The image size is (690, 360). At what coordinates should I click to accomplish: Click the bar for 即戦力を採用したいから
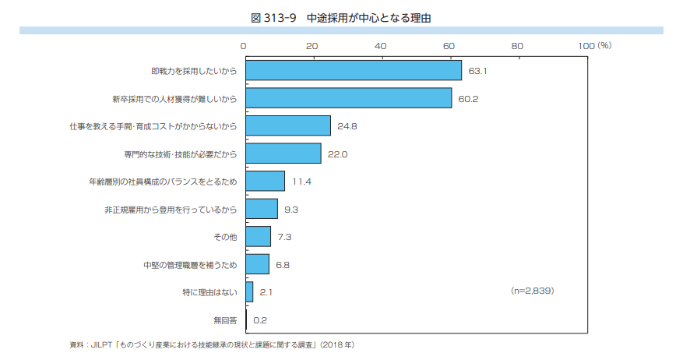coord(354,71)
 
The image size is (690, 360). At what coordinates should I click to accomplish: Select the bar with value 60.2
coord(348,98)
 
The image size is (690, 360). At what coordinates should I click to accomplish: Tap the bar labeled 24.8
coord(287,125)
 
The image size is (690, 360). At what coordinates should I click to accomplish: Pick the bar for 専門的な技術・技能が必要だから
coord(283,154)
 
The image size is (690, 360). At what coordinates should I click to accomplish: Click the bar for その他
coord(258,236)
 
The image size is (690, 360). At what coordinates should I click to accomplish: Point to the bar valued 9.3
coord(261,209)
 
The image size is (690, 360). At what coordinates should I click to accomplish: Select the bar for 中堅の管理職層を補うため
coord(257,264)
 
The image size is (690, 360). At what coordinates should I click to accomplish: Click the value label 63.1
coord(477,71)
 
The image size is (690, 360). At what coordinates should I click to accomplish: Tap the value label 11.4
coord(301,182)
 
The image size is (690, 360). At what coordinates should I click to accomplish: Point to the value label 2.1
coord(266,292)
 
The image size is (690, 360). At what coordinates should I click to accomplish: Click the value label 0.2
coord(260,319)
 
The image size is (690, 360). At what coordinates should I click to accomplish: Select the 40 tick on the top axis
coord(380,46)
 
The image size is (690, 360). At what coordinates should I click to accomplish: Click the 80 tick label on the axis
coord(517,46)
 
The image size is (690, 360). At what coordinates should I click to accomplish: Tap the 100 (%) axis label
coord(594,46)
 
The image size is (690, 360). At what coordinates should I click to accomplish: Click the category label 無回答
coord(224,319)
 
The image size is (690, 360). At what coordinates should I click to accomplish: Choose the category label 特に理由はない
coord(204,292)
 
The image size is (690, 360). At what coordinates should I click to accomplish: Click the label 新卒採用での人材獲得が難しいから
coord(174,99)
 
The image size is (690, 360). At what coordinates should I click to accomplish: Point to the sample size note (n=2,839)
coord(532,290)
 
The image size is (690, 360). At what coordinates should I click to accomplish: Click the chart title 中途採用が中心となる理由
coord(344,17)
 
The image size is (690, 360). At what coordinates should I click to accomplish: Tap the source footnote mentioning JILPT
coord(211,344)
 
